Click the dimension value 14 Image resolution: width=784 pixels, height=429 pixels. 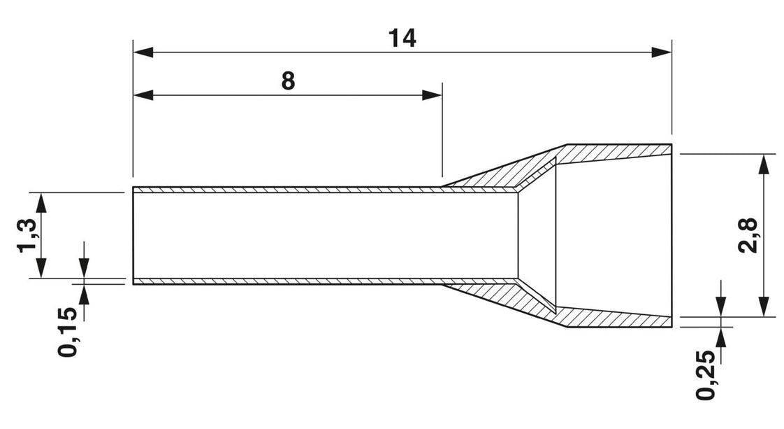coord(402,38)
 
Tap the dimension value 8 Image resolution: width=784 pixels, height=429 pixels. coord(288,80)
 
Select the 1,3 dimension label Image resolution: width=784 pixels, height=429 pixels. coord(27,236)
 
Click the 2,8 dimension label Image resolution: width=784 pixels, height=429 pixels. coord(750,236)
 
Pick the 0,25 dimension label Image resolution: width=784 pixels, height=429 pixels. coord(706,374)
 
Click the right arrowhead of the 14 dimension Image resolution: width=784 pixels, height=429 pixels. coord(662,52)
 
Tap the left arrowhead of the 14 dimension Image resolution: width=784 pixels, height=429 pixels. coord(143,52)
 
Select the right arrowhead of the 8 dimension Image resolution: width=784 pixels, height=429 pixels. coord(432,95)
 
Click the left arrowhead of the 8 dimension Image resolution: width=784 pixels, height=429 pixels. coord(143,95)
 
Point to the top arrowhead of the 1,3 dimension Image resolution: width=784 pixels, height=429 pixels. coord(41,202)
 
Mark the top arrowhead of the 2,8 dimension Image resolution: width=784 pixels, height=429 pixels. coord(764,164)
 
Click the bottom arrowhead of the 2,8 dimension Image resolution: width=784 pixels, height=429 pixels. coord(764,307)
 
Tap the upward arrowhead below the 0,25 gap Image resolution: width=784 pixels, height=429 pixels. coord(720,337)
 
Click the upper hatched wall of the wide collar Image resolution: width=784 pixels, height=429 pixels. coord(615,152)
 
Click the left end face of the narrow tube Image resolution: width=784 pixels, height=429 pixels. coord(133,236)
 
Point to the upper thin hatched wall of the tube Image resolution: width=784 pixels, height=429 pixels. coord(325,190)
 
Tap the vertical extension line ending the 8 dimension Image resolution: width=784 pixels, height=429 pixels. coord(442,129)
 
